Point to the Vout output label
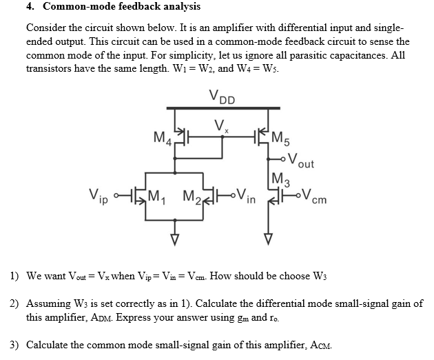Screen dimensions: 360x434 (300, 162)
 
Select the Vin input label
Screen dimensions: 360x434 (245, 195)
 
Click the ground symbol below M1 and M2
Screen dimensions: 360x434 (175, 239)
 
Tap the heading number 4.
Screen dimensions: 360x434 (30, 7)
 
